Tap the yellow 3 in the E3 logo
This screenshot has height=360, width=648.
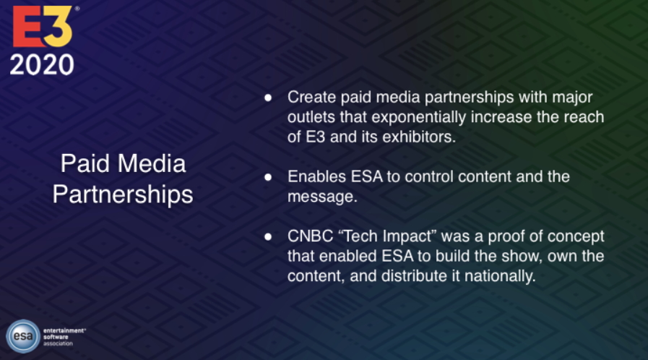coord(58,27)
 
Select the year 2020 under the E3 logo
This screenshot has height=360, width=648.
coord(42,65)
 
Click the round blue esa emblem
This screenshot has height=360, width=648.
coord(23,336)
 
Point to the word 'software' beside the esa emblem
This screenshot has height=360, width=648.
coord(56,337)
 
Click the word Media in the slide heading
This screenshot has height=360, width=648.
coord(152,163)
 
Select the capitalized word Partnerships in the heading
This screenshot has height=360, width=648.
coord(123,194)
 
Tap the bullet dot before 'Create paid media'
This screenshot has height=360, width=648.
coord(268,98)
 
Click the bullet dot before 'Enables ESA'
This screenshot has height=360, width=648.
coord(268,177)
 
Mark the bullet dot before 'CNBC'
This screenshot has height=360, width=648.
coord(268,237)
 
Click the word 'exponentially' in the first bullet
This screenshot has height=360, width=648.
coord(419,117)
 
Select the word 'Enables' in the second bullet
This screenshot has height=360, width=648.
coord(316,176)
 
